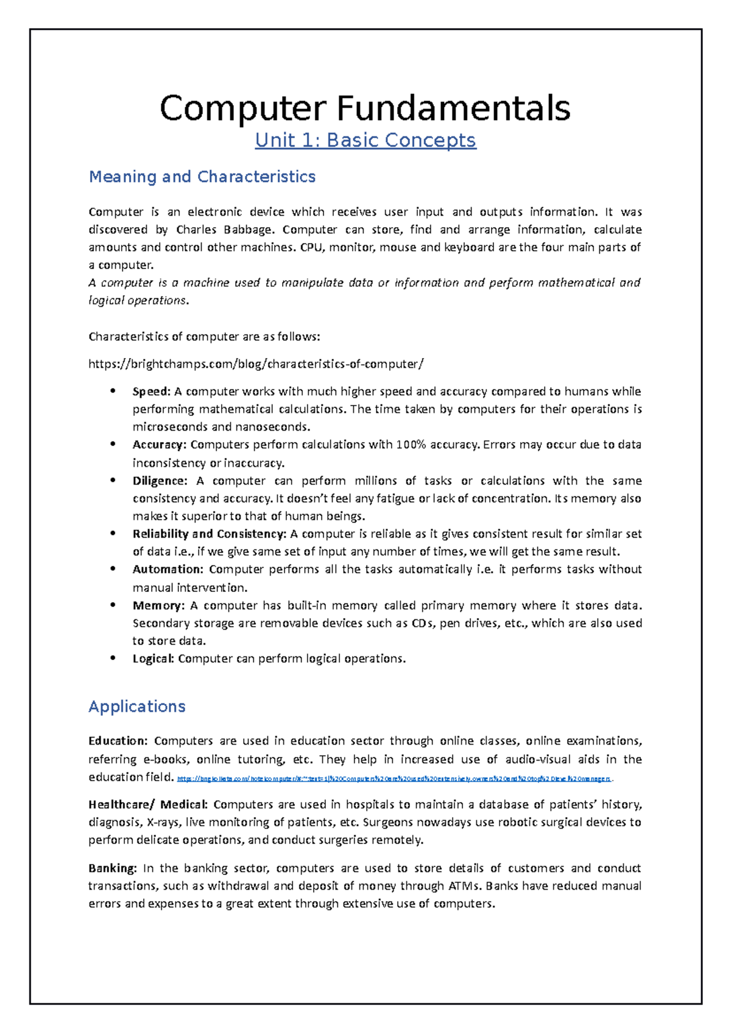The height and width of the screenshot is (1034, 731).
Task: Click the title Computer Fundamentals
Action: [365, 108]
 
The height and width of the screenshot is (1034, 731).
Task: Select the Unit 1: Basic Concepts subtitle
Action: [365, 141]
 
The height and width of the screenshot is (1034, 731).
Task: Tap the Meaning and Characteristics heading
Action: [202, 177]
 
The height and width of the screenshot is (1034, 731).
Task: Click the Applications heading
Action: [136, 706]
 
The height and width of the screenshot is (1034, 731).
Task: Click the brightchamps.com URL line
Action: [256, 364]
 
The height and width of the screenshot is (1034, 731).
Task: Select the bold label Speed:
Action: [151, 392]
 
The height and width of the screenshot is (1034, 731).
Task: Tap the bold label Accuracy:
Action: [159, 445]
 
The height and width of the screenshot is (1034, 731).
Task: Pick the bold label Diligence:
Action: [160, 480]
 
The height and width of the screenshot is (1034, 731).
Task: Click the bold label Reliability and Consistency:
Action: [209, 534]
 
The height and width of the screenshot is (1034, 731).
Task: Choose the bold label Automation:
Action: [168, 569]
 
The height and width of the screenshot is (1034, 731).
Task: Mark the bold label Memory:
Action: [158, 605]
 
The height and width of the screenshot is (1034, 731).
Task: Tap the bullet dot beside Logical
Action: [113, 658]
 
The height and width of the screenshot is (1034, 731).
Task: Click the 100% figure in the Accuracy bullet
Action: [411, 445]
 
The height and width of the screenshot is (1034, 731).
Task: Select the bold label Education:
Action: [118, 741]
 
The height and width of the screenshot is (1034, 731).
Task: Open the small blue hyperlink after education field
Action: [394, 779]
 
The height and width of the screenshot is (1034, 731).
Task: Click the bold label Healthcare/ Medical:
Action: [148, 804]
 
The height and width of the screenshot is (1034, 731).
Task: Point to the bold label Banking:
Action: [113, 868]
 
